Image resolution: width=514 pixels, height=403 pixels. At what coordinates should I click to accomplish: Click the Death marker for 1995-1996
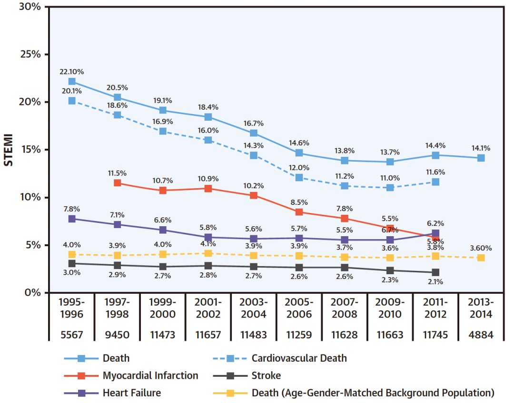[71, 81]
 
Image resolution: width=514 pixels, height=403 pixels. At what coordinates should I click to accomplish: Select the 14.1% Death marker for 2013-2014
[481, 158]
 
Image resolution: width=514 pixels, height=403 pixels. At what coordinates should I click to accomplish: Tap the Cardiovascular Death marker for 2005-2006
[299, 177]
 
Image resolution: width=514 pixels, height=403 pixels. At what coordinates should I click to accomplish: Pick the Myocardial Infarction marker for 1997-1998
[117, 182]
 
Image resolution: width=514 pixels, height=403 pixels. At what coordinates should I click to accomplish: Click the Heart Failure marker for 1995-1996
[71, 219]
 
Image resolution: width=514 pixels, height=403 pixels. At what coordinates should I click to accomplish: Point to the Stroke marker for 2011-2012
[435, 272]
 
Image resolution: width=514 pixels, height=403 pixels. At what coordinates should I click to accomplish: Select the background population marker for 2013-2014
[481, 258]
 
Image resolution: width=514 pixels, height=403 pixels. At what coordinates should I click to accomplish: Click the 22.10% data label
[72, 72]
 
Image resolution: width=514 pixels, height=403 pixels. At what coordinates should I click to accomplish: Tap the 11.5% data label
[117, 173]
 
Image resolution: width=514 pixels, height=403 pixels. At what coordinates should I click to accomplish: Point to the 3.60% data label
[480, 248]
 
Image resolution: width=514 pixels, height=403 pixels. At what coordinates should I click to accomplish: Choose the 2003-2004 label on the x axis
[254, 308]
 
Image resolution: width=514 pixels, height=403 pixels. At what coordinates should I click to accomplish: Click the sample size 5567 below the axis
[71, 335]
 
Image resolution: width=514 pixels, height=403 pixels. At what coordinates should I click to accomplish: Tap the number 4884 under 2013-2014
[481, 335]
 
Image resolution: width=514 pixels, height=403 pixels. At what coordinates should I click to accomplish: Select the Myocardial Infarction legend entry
[150, 375]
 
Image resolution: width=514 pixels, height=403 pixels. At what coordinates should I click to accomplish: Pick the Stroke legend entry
[266, 375]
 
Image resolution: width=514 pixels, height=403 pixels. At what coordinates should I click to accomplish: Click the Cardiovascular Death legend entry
[299, 358]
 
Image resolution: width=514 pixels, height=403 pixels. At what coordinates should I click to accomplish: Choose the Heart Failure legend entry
[132, 393]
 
